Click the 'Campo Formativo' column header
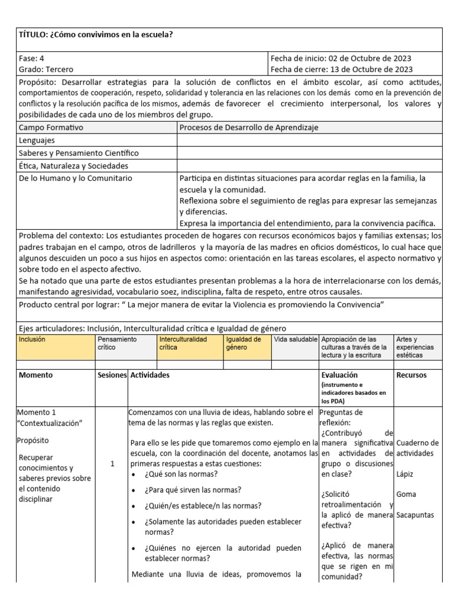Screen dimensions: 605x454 (51, 127)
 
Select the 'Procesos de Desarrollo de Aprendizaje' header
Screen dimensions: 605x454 (249, 127)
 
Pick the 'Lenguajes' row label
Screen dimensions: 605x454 (37, 140)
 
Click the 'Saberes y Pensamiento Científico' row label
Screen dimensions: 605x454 (79, 153)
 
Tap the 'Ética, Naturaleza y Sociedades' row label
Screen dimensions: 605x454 (73, 166)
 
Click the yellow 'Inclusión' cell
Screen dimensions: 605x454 (32, 340)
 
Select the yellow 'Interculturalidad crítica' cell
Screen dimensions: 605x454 (183, 344)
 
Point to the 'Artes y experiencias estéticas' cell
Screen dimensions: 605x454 (417, 348)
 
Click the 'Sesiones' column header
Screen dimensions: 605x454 (112, 375)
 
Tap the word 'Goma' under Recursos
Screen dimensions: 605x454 (406, 494)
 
